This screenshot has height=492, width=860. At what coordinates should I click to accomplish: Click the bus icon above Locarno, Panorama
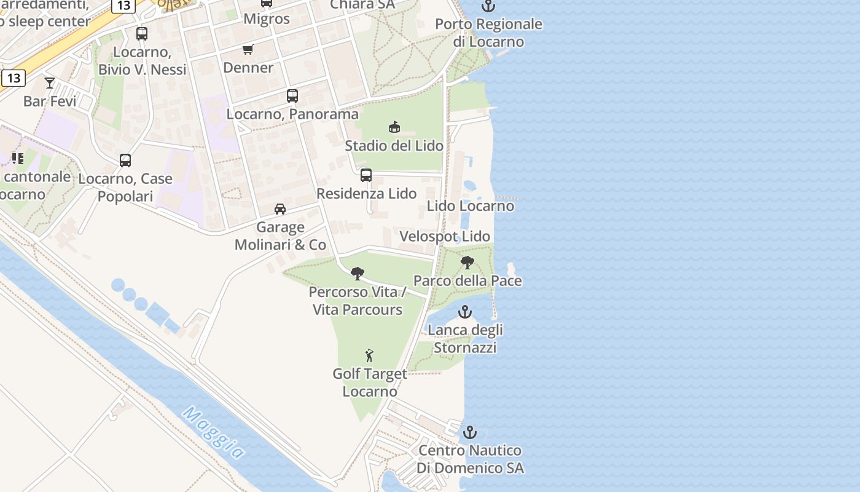(x=292, y=96)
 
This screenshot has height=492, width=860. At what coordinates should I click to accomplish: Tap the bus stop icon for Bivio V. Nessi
(x=142, y=34)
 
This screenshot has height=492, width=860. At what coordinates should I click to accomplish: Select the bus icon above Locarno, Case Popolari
(x=125, y=161)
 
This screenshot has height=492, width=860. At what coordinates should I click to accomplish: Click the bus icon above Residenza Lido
(x=366, y=175)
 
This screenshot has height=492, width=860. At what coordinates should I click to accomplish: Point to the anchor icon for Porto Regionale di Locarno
(x=488, y=6)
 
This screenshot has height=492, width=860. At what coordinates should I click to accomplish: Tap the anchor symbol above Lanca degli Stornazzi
(x=465, y=312)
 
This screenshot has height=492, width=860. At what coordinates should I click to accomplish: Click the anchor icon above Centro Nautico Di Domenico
(x=470, y=432)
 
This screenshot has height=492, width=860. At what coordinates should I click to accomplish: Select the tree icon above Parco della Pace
(x=467, y=263)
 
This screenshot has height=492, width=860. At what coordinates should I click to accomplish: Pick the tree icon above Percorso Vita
(x=358, y=274)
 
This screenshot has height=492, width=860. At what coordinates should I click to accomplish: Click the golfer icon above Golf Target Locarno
(x=369, y=355)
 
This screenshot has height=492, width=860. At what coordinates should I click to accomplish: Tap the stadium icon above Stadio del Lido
(x=394, y=127)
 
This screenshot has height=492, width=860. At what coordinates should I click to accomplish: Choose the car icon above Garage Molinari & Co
(x=280, y=209)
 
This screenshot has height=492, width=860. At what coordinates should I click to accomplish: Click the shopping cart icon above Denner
(x=248, y=50)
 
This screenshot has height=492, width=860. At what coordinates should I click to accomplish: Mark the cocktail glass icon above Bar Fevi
(x=50, y=82)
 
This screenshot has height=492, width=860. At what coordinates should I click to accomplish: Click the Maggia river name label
(x=214, y=433)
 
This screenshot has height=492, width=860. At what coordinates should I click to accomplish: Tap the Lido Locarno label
(x=471, y=206)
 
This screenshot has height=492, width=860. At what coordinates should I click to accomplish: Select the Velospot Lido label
(x=445, y=237)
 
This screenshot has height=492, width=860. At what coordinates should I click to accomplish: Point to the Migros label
(x=267, y=18)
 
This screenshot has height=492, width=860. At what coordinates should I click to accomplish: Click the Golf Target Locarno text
(x=370, y=383)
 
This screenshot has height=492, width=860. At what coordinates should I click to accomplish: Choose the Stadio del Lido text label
(x=394, y=146)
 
